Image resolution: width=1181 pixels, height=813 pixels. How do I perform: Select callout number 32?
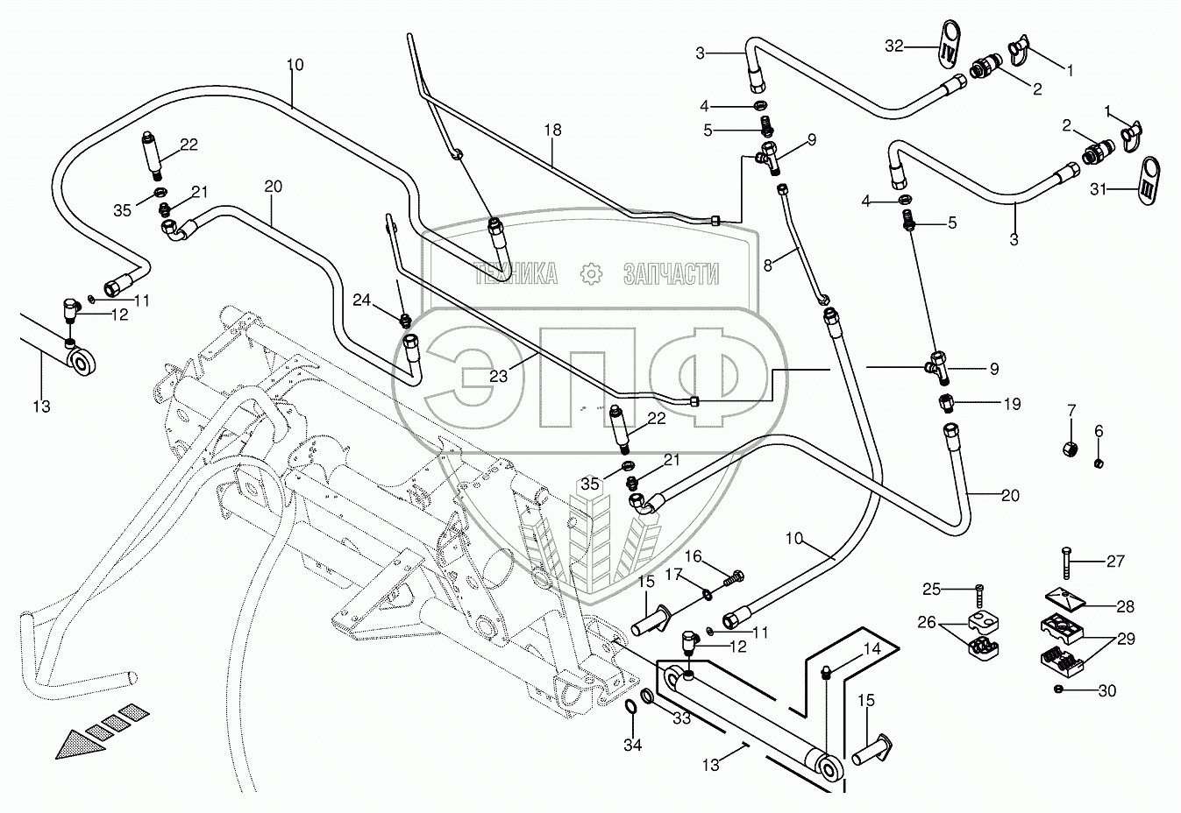point(894,46)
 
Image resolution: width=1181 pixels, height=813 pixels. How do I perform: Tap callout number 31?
point(1099,189)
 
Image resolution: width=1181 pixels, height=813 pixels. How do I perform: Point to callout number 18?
point(553,130)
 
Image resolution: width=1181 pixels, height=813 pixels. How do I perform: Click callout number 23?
point(498,376)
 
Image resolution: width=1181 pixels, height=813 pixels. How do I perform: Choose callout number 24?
point(362,300)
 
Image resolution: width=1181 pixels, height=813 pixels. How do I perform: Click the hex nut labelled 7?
point(1071,449)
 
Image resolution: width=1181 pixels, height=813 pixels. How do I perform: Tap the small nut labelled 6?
point(1099,463)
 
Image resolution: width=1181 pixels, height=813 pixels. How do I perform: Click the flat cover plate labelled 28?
point(1065,599)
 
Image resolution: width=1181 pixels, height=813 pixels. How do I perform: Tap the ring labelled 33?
point(649,696)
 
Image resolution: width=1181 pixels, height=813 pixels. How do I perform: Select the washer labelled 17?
point(707,594)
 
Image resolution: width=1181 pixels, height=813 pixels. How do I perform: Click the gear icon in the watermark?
point(591,274)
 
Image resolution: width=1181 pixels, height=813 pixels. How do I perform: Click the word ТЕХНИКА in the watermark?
point(516,274)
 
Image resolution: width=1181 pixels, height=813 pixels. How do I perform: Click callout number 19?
point(1012,404)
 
